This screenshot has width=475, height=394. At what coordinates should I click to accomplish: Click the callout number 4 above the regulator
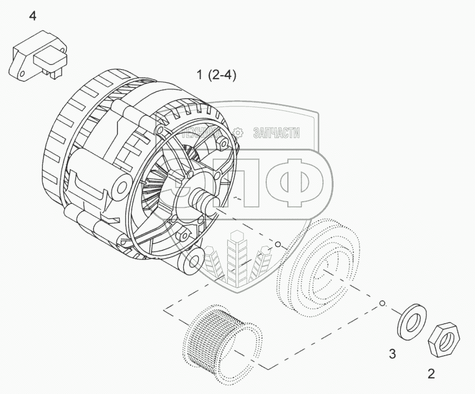tap(33, 16)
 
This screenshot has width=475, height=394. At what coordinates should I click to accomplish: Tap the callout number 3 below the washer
tap(393, 353)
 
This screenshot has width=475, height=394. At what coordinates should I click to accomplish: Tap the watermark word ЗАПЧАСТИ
tap(277, 132)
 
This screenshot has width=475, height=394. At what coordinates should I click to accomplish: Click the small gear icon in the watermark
tap(238, 132)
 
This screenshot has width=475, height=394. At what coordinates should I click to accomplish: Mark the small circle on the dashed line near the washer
tap(382, 304)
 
